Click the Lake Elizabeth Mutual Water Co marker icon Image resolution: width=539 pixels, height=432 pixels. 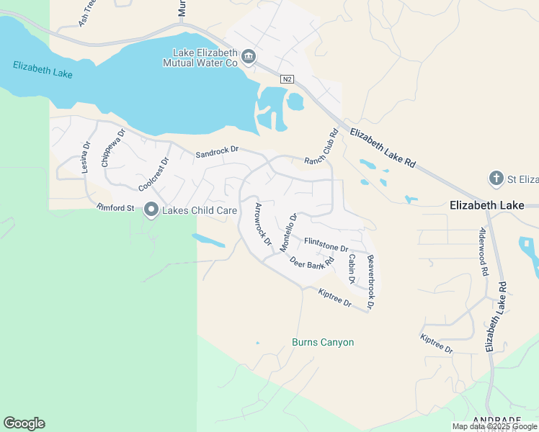[x=249, y=57]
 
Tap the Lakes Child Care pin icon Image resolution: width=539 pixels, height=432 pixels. [x=151, y=210]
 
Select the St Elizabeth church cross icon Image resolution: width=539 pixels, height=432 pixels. [x=496, y=178]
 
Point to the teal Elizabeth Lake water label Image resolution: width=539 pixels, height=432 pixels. [x=43, y=70]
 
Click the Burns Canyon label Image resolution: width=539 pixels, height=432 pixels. [x=323, y=342]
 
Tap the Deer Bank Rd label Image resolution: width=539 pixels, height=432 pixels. [x=313, y=259]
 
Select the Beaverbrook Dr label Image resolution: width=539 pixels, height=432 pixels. [x=370, y=282]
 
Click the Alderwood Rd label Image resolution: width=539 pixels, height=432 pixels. [x=483, y=253]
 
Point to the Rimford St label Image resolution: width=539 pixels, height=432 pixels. [x=115, y=208]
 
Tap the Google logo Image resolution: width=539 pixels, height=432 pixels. [x=24, y=423]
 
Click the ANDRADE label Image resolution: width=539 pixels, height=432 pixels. [x=497, y=420]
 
